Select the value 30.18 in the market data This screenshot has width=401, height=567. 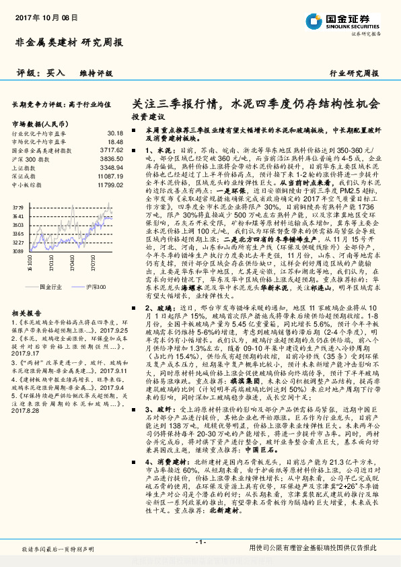tap(114, 134)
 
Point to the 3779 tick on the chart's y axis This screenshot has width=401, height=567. tap(18, 207)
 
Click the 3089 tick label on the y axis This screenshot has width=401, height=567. tap(18, 251)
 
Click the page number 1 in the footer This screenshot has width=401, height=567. tap(200, 542)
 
